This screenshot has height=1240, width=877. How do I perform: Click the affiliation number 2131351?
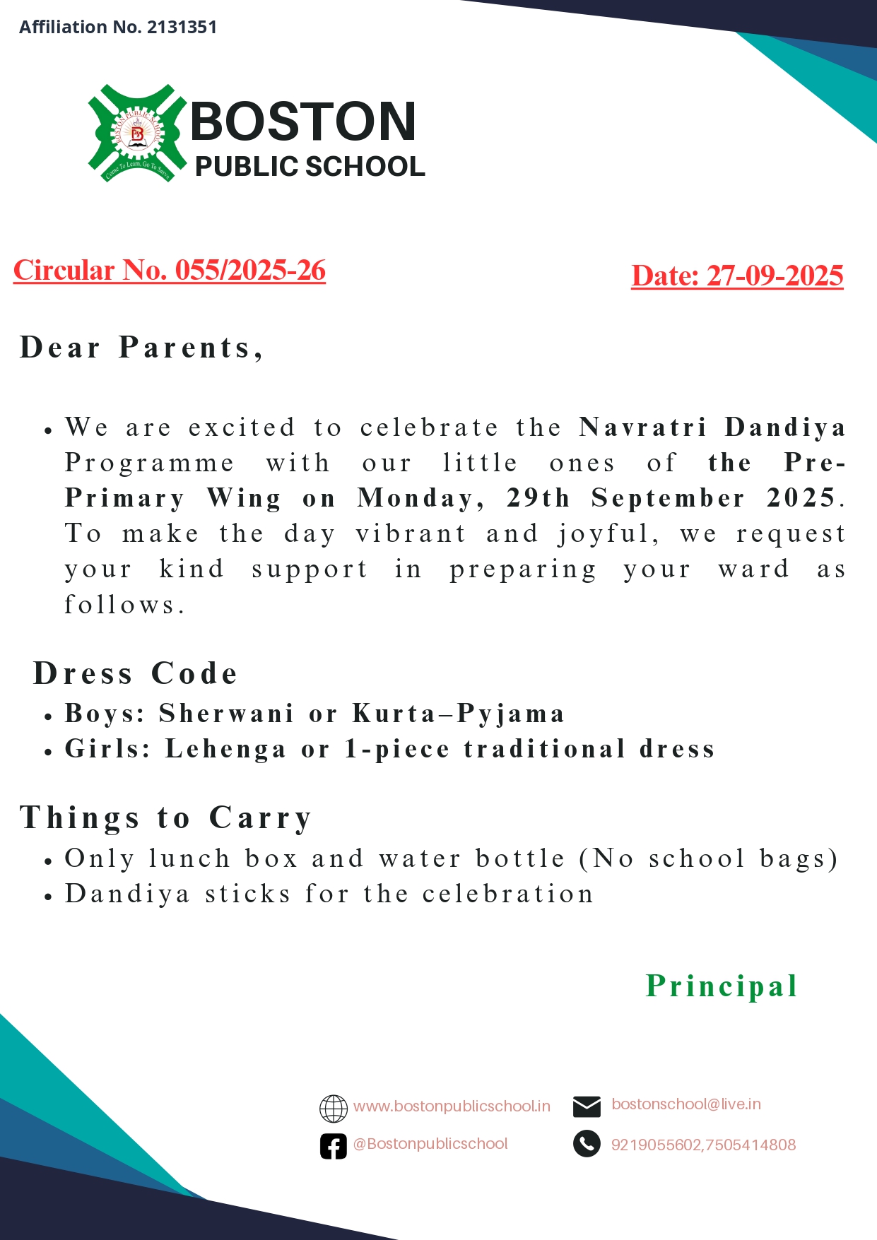182,28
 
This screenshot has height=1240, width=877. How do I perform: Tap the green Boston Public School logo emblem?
137,134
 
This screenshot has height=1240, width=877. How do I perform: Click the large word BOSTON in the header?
303,122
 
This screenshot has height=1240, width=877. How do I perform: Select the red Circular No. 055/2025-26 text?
170,271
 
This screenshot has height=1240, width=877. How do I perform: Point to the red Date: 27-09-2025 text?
737,276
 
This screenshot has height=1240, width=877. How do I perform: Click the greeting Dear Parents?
141,348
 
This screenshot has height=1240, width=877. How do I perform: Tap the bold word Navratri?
642,427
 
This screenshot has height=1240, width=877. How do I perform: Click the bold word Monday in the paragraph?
420,498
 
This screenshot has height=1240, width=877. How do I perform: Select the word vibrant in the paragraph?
411,533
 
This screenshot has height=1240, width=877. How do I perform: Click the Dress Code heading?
136,673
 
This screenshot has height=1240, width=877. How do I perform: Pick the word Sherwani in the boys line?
226,714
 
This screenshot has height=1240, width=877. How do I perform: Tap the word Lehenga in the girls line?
225,749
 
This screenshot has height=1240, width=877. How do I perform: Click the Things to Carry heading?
166,817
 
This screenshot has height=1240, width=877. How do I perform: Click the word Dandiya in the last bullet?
127,894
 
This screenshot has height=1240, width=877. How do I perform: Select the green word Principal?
722,986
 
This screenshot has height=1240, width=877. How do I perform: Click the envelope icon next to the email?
587,1106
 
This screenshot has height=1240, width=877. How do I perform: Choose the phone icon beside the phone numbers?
587,1144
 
